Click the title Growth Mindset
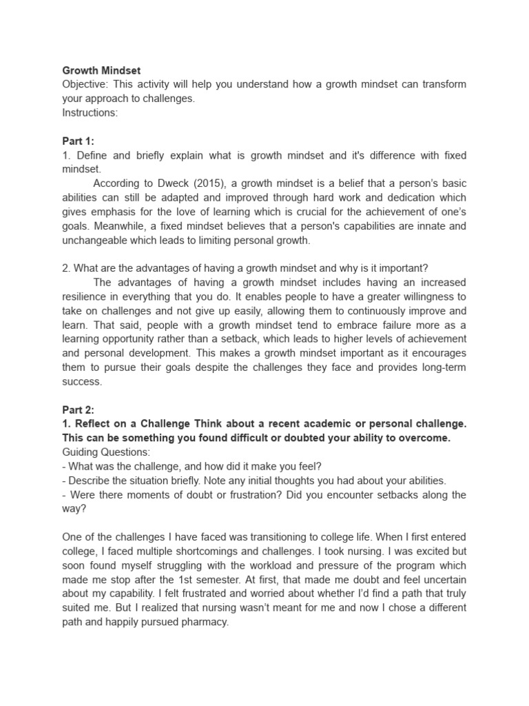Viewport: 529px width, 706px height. click(101, 70)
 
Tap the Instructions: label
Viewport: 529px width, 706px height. click(90, 112)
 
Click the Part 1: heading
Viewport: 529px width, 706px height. click(78, 141)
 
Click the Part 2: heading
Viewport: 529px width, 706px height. click(78, 410)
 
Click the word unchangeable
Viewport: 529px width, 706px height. click(97, 241)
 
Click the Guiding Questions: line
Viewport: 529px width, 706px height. click(105, 452)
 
